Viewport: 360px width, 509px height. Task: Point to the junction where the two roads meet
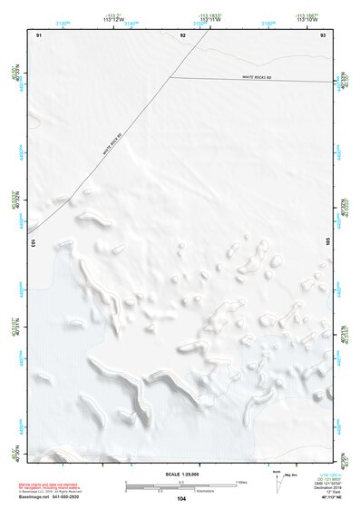(x=170, y=77)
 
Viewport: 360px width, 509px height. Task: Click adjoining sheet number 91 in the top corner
(x=39, y=34)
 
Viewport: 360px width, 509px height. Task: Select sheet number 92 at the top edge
(x=182, y=34)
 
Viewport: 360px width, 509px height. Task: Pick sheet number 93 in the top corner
(x=323, y=34)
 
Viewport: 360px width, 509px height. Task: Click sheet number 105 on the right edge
(x=328, y=243)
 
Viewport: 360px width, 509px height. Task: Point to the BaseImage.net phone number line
(x=55, y=497)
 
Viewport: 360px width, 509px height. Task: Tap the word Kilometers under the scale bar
(x=180, y=492)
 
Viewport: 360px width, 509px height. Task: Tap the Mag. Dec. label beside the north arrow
(x=290, y=475)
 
